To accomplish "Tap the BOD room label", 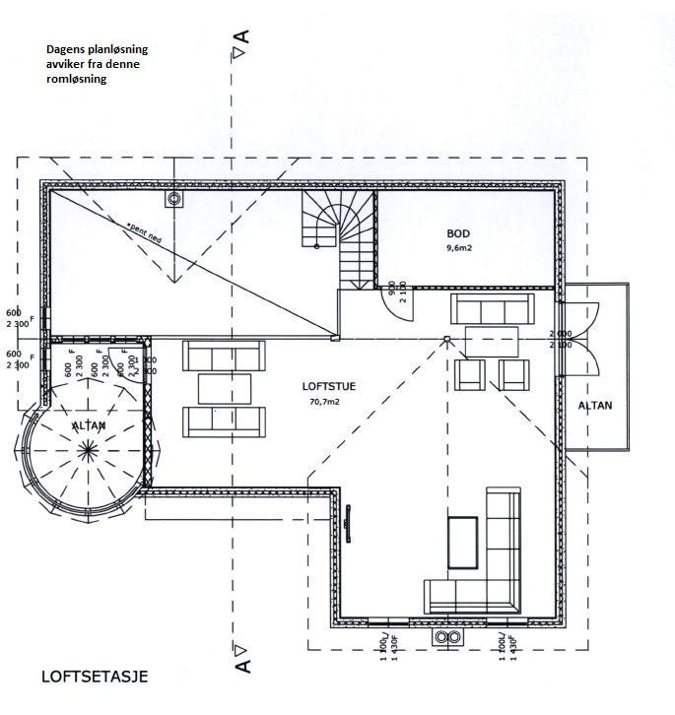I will pyautogui.click(x=458, y=233).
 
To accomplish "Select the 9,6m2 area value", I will pyautogui.click(x=458, y=249).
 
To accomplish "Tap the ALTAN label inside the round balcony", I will pyautogui.click(x=91, y=424).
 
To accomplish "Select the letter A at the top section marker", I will pyautogui.click(x=241, y=36).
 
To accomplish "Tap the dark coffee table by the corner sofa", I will pyautogui.click(x=462, y=543).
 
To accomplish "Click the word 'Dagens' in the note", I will pyautogui.click(x=65, y=48).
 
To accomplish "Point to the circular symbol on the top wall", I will pyautogui.click(x=174, y=200).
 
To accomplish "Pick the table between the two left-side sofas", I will pyautogui.click(x=225, y=388).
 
